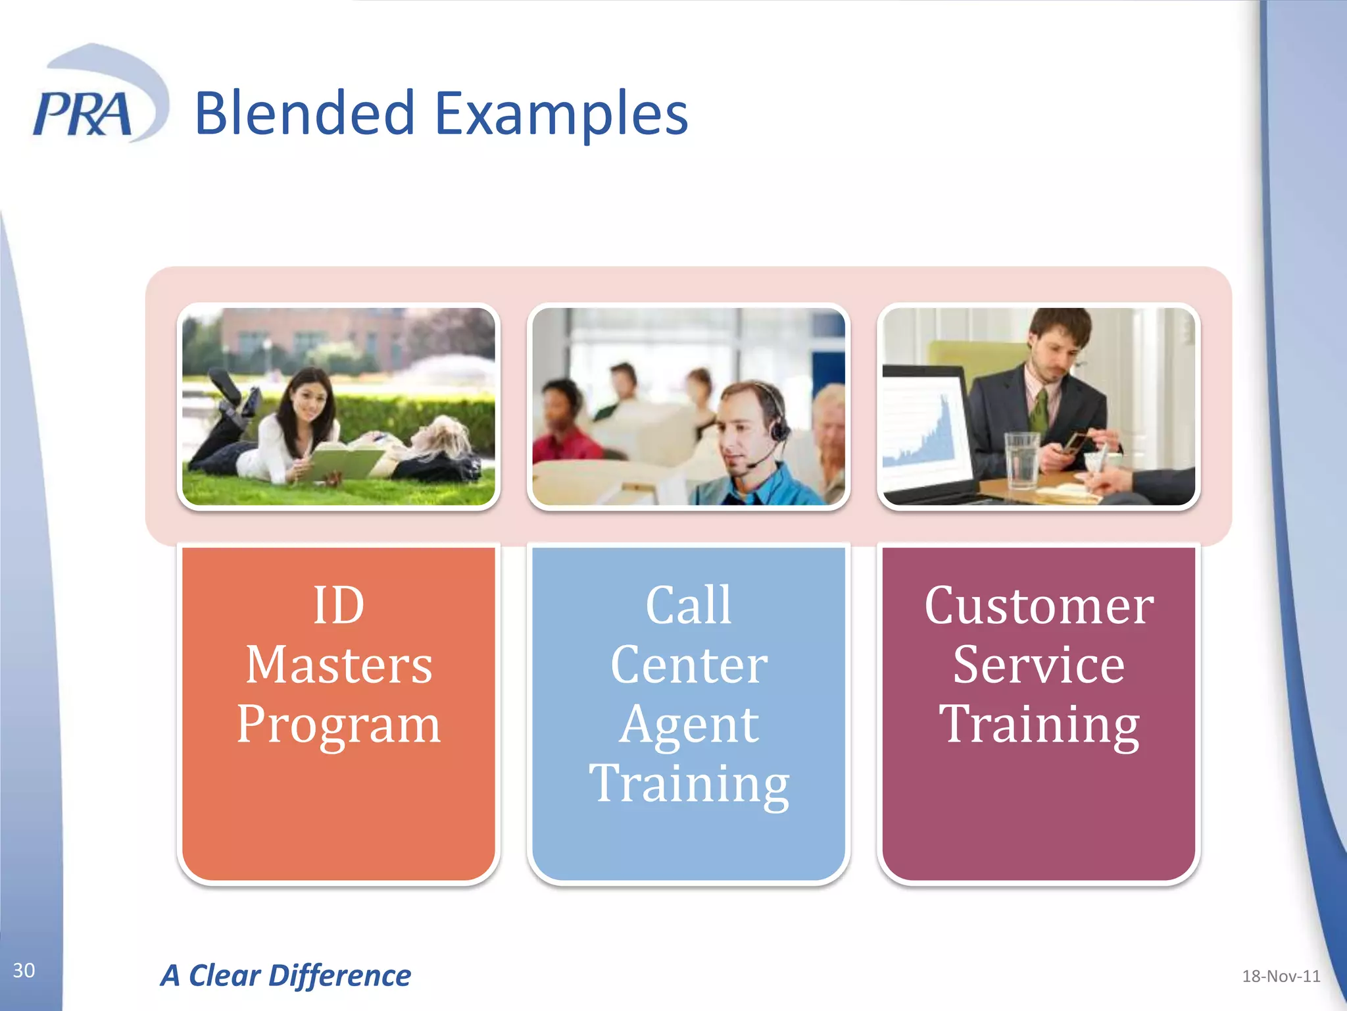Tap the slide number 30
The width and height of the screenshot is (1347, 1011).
24,970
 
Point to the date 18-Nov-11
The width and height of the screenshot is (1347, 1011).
1280,976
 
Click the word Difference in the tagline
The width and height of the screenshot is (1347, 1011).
339,975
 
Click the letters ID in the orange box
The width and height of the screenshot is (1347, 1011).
339,606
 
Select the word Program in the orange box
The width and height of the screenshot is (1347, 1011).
339,724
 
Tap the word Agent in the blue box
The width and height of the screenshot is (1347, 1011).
689,724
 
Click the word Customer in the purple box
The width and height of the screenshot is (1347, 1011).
1039,606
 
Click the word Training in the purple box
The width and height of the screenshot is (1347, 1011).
1039,724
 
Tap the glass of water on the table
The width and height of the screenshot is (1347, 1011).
1021,461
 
